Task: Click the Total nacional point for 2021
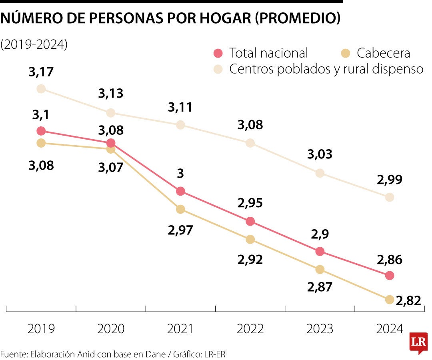coord(180,191)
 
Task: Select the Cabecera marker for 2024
coord(390,300)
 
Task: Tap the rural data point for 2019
coord(41,89)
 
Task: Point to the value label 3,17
coord(41,72)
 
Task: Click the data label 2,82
coord(408,301)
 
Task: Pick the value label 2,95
coord(250,203)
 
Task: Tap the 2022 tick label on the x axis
coord(250,329)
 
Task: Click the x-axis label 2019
coord(41,329)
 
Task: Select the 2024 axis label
coord(390,329)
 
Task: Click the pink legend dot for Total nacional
coord(218,53)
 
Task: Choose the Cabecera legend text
coord(383,53)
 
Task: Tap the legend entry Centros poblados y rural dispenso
coord(326,69)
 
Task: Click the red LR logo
coord(418,342)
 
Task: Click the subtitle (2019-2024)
coord(34,44)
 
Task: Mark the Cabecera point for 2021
coord(180,209)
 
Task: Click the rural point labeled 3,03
coord(320,173)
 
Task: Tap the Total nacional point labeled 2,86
coord(390,275)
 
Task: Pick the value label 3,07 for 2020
coord(111,167)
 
